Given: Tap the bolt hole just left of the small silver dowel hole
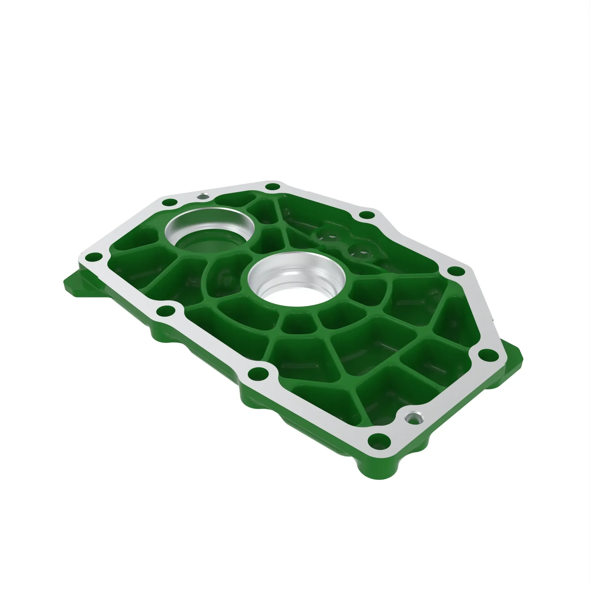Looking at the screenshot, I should pyautogui.click(x=170, y=202).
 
